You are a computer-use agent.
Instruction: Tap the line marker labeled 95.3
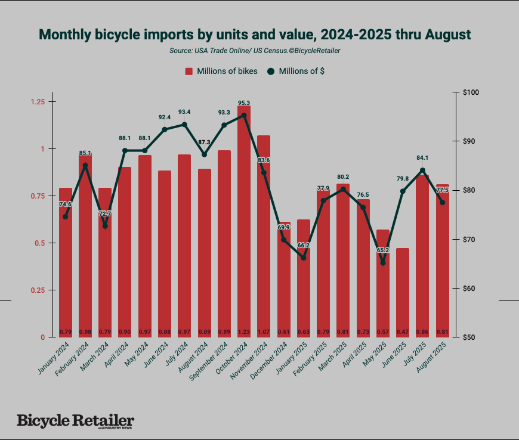pyautogui.click(x=244, y=115)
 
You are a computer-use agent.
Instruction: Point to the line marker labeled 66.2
pyautogui.click(x=303, y=258)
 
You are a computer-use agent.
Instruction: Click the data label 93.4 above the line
pyautogui.click(x=184, y=112)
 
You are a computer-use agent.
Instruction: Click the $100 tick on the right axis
pyautogui.click(x=471, y=92)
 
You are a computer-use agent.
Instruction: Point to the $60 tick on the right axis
pyautogui.click(x=471, y=289)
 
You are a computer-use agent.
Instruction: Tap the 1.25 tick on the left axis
pyautogui.click(x=38, y=102)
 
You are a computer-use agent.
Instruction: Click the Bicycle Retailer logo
pyautogui.click(x=75, y=421)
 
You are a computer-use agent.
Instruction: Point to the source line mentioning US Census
pyautogui.click(x=255, y=51)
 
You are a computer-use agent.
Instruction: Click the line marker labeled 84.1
pyautogui.click(x=422, y=170)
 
